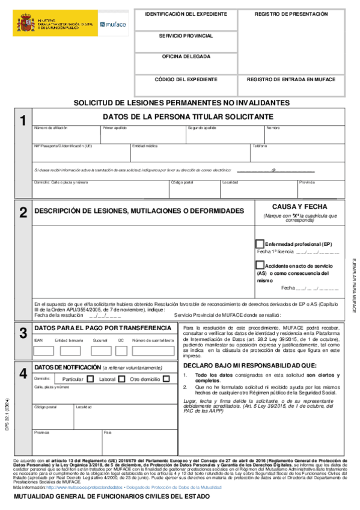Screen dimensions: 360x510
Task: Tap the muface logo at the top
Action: (x=114, y=25)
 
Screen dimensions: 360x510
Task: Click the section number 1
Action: (x=23, y=121)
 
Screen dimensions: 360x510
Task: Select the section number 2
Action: (x=23, y=212)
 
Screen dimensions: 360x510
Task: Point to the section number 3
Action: (x=23, y=333)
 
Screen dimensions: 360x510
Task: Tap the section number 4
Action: (x=23, y=373)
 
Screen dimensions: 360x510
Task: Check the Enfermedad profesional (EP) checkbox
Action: (x=260, y=244)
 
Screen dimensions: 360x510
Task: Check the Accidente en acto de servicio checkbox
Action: (x=260, y=265)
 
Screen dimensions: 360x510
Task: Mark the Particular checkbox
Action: (x=91, y=379)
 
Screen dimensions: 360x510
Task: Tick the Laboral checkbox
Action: (x=121, y=379)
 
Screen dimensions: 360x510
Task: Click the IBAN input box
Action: (x=44, y=351)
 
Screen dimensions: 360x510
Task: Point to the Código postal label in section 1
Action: (x=182, y=182)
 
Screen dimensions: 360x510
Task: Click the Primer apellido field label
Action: (x=115, y=128)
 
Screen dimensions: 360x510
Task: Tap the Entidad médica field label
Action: (x=145, y=146)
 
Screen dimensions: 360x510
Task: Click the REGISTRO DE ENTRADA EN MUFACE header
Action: (x=291, y=79)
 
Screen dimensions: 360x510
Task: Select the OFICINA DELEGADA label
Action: (x=186, y=57)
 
